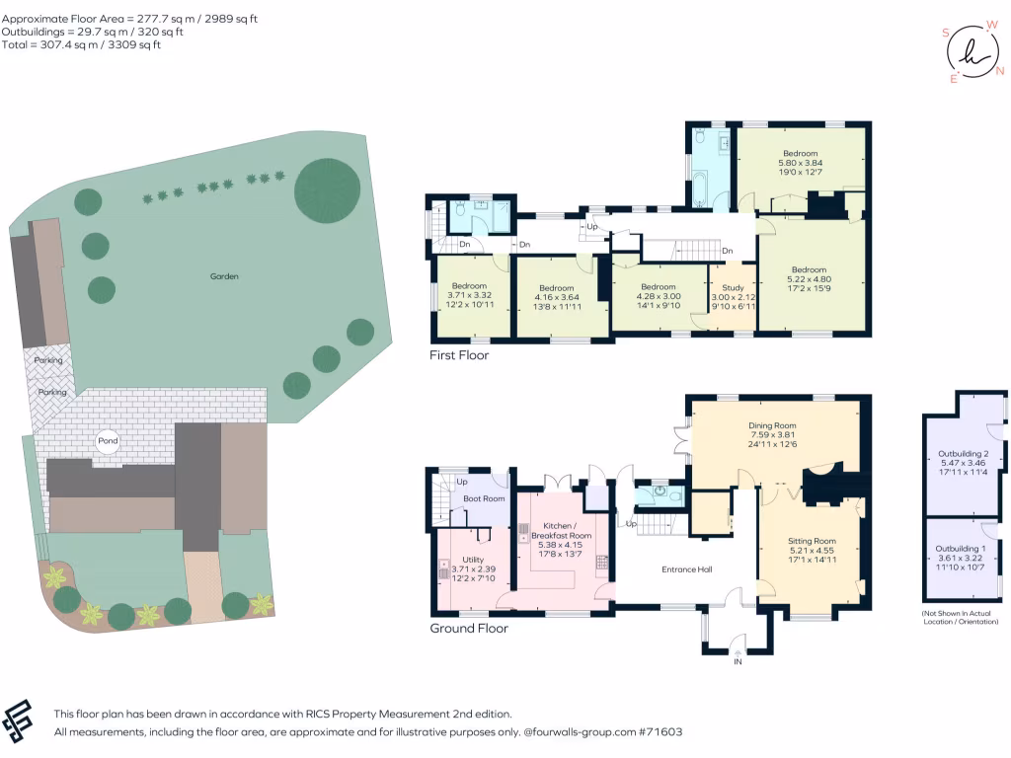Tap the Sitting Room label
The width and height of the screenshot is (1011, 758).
point(812,541)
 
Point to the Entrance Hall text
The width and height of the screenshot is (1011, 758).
point(686,569)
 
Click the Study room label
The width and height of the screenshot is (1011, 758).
point(733,287)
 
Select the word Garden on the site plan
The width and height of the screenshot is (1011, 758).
point(224,276)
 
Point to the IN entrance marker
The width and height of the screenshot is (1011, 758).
point(737,660)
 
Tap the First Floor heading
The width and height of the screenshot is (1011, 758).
point(458,355)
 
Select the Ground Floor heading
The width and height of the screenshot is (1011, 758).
point(469,628)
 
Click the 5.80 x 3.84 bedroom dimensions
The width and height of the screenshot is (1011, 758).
point(801,164)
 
